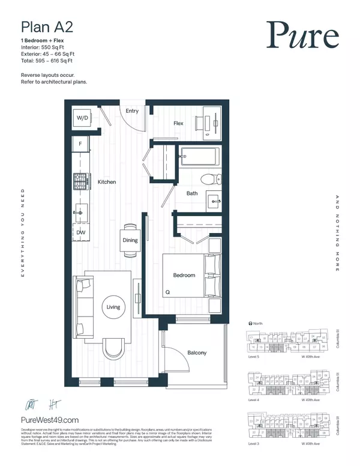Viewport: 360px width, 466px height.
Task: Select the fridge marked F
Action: (80, 144)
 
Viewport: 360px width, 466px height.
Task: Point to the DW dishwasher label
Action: (80, 232)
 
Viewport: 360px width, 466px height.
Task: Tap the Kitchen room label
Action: (106, 181)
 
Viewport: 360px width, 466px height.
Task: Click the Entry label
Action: (131, 111)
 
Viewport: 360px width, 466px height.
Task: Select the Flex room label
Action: (178, 124)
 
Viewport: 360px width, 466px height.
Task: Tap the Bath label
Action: (192, 193)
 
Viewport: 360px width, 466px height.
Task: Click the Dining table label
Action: (130, 240)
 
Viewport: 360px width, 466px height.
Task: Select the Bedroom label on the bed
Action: (184, 275)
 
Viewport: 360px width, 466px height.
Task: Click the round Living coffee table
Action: (113, 307)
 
